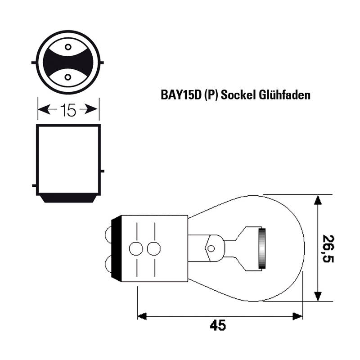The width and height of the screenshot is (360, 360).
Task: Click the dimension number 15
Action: [x=68, y=110]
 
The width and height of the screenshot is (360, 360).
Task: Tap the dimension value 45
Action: [x=218, y=325]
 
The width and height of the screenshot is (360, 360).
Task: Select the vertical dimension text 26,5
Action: [x=328, y=249]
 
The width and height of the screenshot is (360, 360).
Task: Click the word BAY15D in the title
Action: [x=181, y=94]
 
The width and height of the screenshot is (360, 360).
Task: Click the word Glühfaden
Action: [x=285, y=94]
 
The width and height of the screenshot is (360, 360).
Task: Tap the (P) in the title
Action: [x=211, y=95]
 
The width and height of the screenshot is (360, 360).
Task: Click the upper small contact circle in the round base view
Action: [x=68, y=47]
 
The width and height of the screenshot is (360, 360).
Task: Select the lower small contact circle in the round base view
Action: [x=68, y=77]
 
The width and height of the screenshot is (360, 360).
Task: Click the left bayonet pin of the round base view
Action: [x=34, y=63]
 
